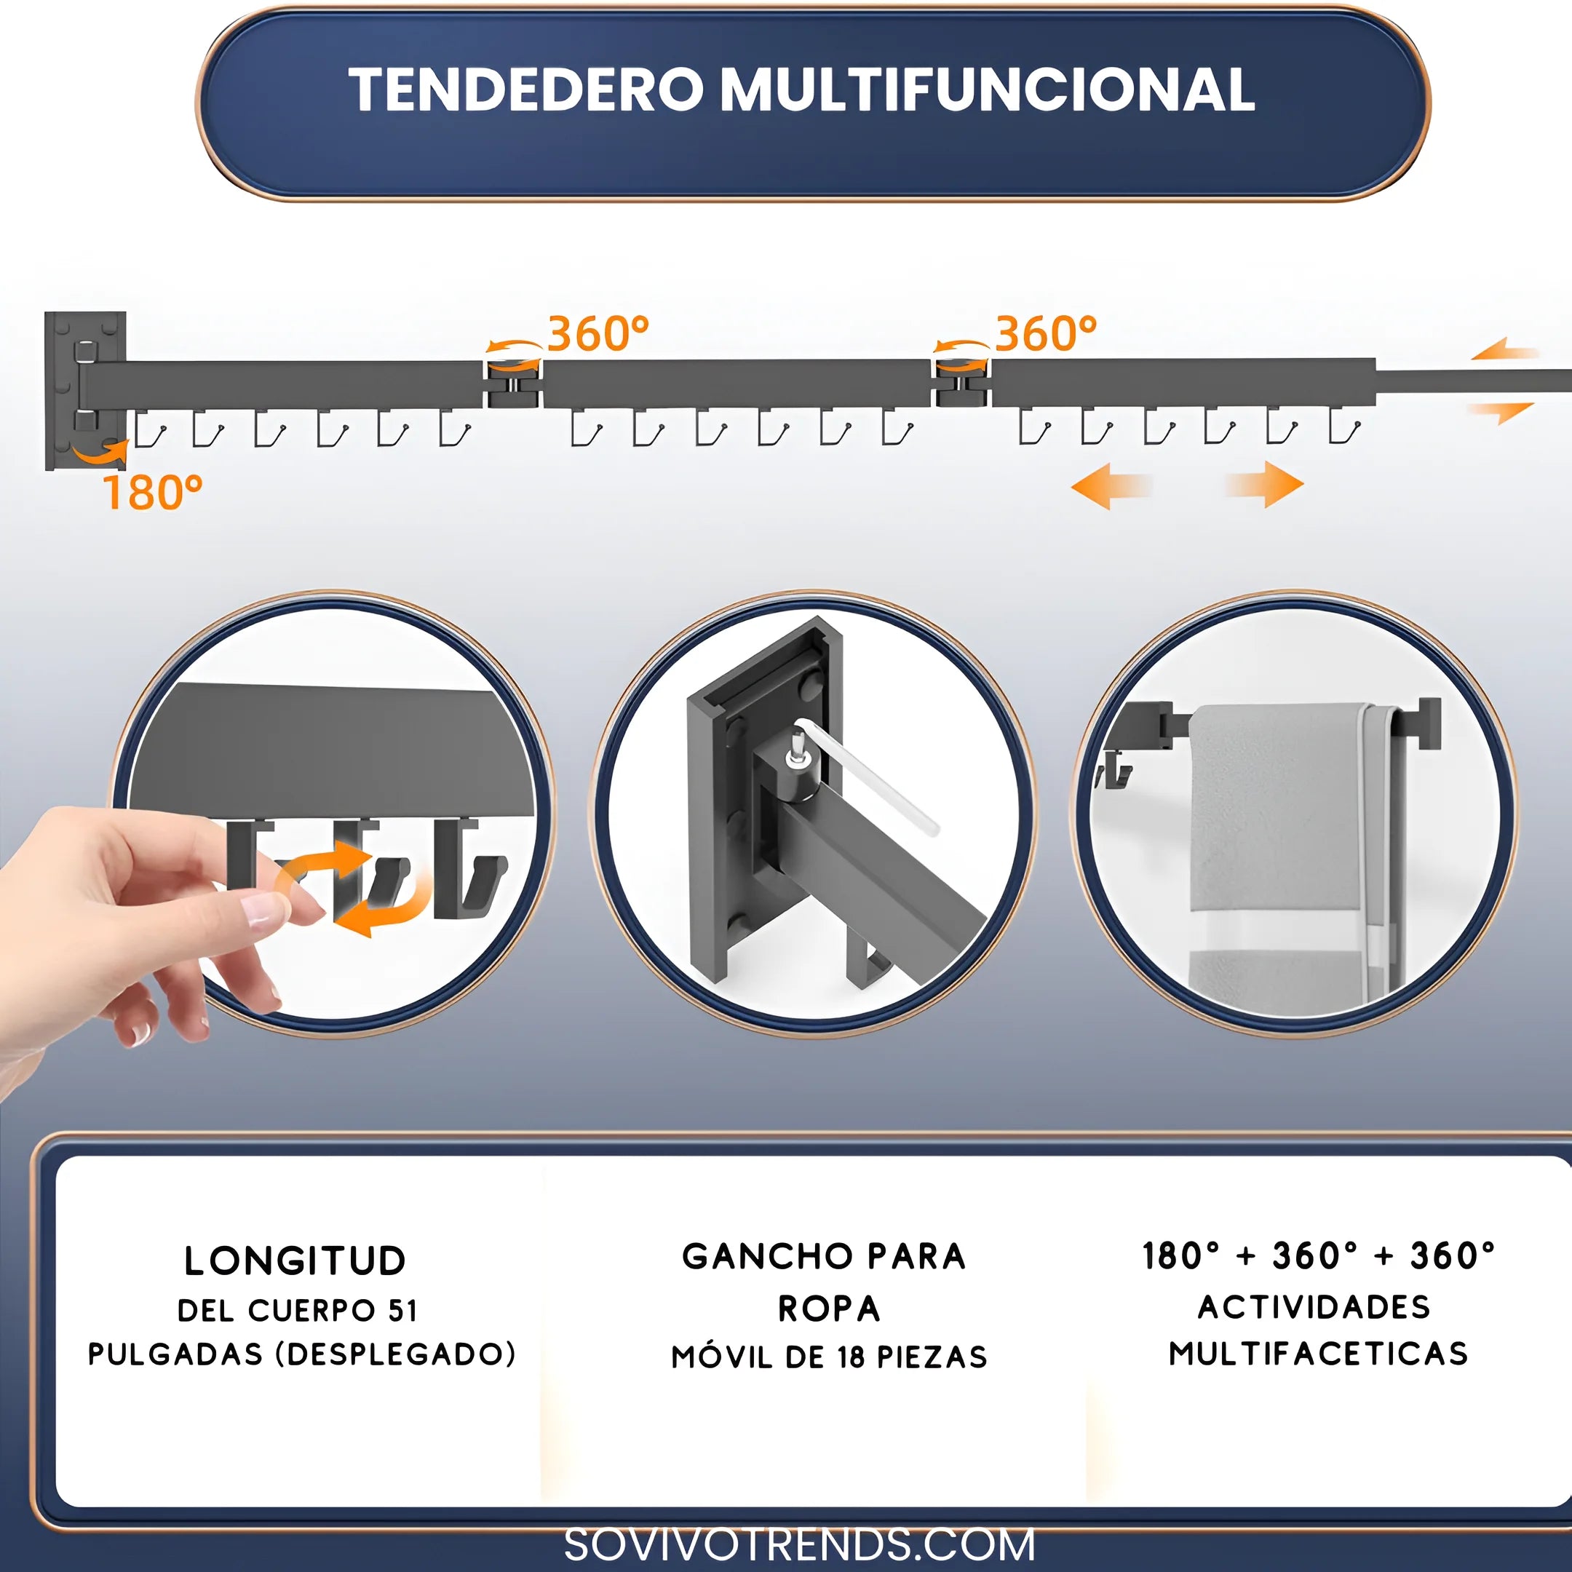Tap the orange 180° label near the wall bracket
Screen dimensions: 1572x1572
153,492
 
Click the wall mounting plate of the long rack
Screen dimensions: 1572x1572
85,391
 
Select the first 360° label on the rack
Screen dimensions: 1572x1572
598,333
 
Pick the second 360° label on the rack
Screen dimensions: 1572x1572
1047,333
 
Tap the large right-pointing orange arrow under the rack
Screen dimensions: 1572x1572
1264,485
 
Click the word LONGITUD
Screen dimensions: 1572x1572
295,1261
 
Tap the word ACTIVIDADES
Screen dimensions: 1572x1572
1314,1307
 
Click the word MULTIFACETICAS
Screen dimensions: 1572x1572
1319,1354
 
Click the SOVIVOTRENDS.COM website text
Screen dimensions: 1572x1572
800,1545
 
